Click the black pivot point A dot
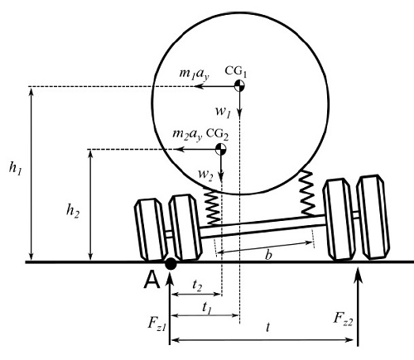click(171, 264)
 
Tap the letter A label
click(152, 280)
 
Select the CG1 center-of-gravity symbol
click(239, 85)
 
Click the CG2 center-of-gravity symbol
click(221, 149)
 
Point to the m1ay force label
click(194, 74)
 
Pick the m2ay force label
click(187, 135)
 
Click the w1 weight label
click(223, 112)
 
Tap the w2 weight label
click(205, 175)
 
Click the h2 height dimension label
click(73, 211)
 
